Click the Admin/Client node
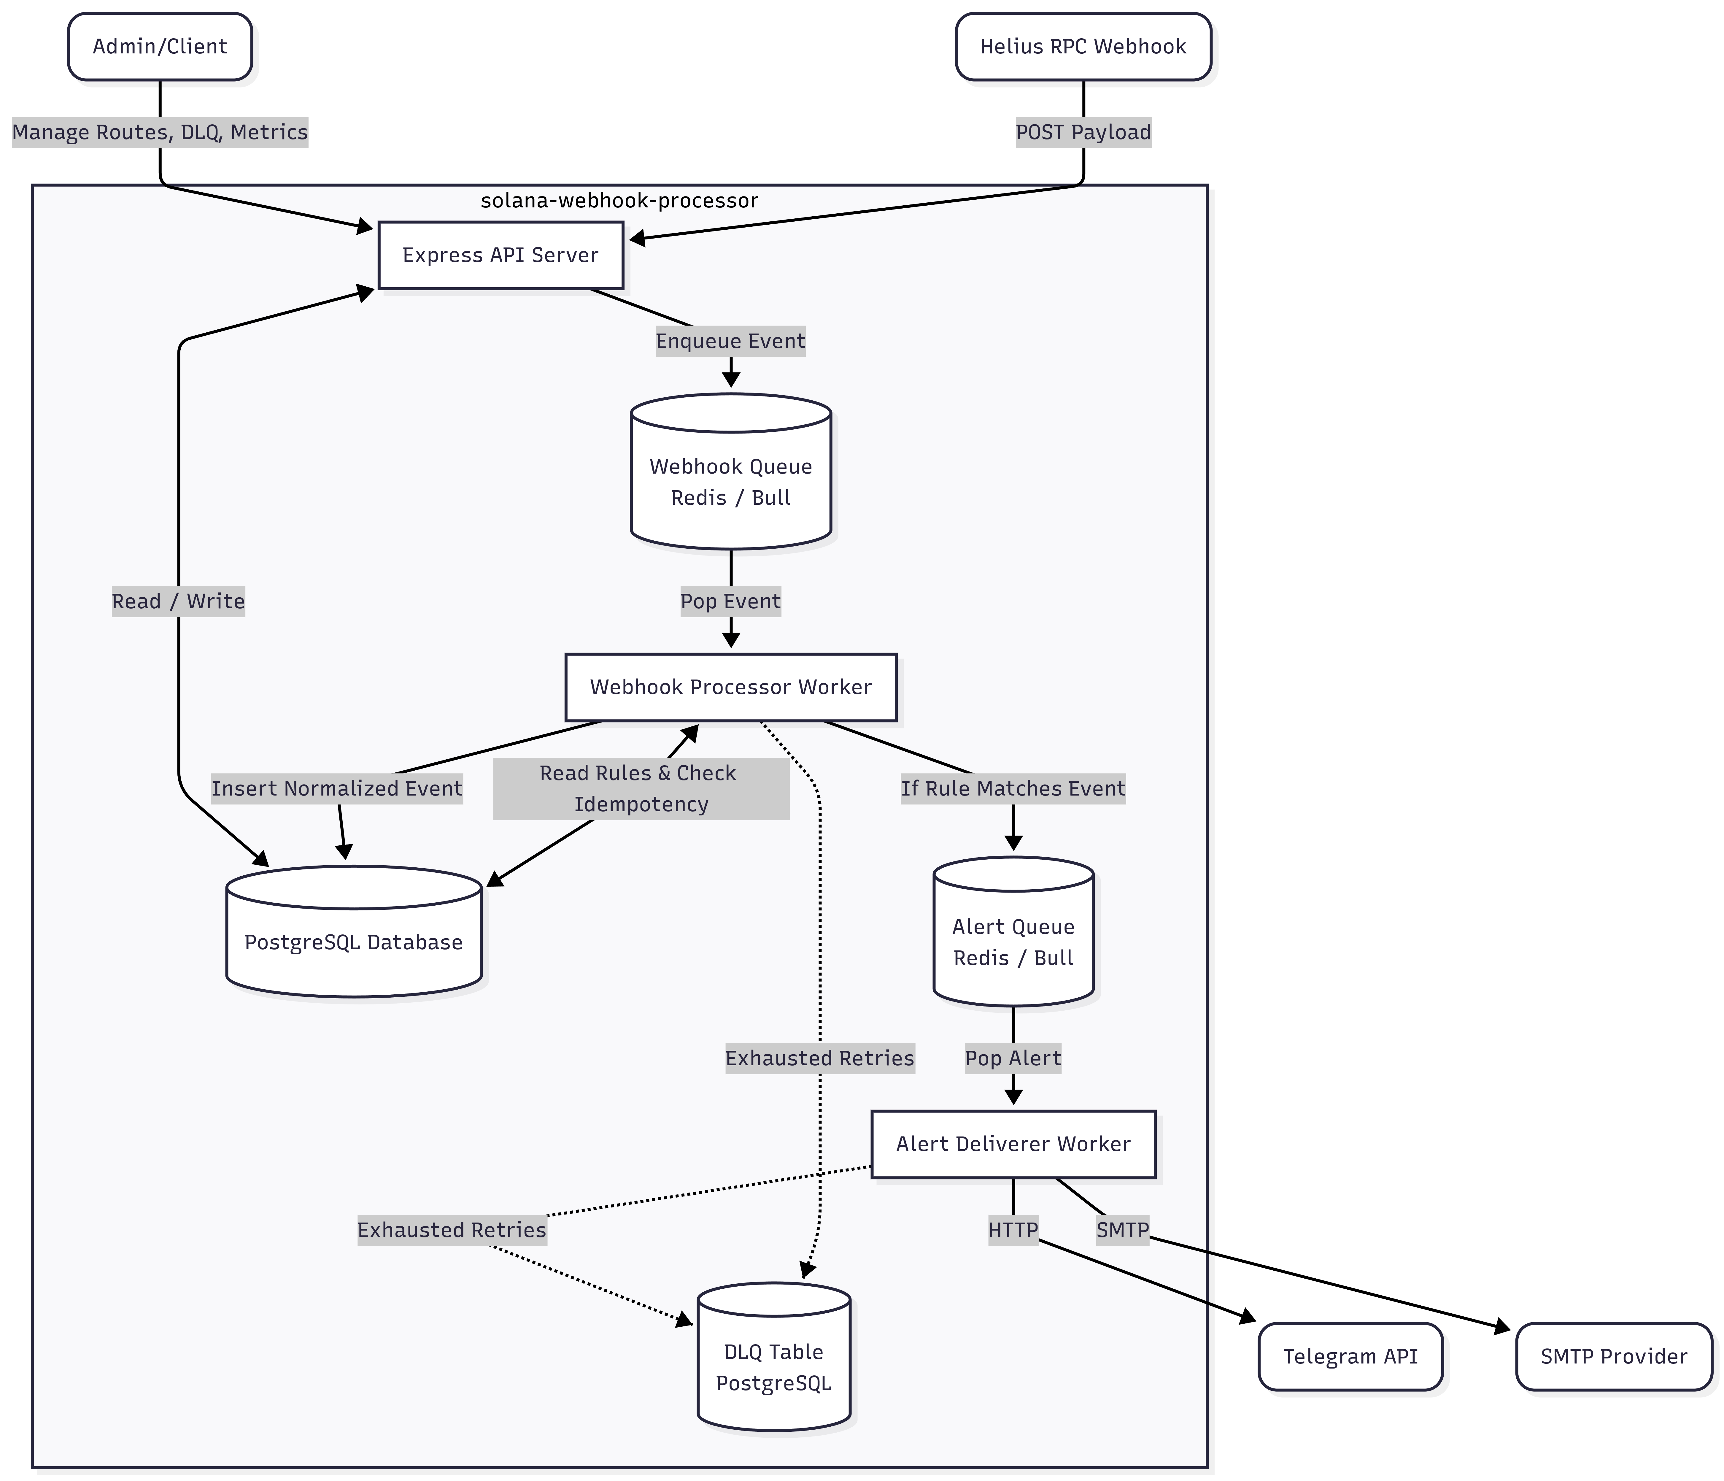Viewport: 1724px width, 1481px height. pyautogui.click(x=160, y=47)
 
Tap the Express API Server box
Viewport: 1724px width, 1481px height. pyautogui.click(x=500, y=255)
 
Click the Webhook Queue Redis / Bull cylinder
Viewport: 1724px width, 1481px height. pyautogui.click(x=730, y=481)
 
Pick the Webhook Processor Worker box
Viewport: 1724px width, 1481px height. pyautogui.click(x=730, y=687)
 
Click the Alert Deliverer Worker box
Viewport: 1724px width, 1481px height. pyautogui.click(x=1013, y=1144)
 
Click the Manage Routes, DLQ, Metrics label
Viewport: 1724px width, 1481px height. pyautogui.click(x=160, y=132)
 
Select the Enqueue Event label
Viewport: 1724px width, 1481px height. pyautogui.click(x=730, y=341)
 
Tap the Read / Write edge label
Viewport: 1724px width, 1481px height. pyautogui.click(x=178, y=601)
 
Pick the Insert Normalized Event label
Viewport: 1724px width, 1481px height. pyautogui.click(x=337, y=789)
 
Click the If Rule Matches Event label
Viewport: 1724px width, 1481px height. pyautogui.click(x=1013, y=789)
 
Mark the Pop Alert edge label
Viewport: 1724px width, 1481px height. pyautogui.click(x=1013, y=1058)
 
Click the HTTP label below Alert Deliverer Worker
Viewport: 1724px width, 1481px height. pyautogui.click(x=1013, y=1230)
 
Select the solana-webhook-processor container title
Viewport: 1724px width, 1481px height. pyautogui.click(x=619, y=201)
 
